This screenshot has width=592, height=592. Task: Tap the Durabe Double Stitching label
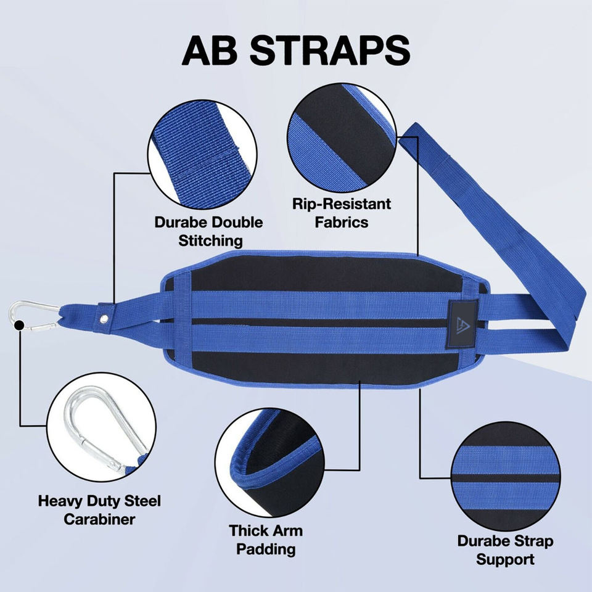(208, 231)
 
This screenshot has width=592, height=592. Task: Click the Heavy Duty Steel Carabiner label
(99, 509)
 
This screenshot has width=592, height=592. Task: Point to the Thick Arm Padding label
(266, 539)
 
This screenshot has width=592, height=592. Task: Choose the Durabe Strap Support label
(505, 550)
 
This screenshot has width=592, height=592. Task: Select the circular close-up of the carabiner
(99, 430)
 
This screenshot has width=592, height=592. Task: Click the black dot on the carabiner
(19, 324)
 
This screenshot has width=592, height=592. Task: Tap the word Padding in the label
(266, 549)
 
